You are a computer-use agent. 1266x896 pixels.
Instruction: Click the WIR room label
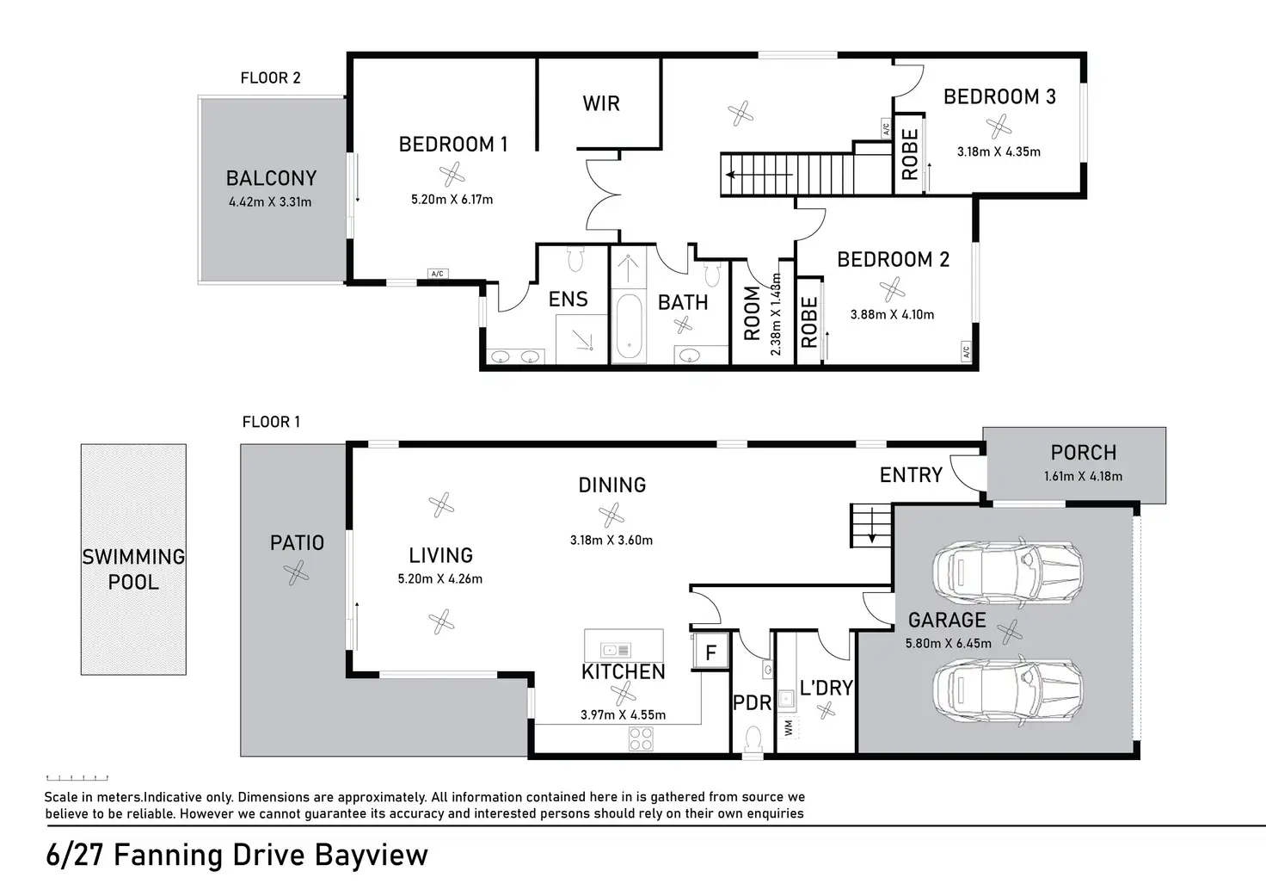601,103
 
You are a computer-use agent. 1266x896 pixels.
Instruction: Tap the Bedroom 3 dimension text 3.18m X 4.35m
999,151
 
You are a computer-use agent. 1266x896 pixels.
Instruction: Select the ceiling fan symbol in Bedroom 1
452,174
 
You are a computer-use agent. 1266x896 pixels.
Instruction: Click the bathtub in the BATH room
629,327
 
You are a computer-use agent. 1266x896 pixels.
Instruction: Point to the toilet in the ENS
575,258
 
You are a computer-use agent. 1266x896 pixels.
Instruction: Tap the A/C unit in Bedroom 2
966,350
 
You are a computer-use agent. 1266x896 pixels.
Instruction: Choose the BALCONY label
271,178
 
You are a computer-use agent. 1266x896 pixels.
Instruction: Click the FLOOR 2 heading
271,77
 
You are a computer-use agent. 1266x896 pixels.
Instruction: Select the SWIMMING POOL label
133,569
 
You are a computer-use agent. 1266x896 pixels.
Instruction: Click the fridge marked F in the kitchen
711,652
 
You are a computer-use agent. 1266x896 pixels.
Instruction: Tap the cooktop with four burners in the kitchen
641,738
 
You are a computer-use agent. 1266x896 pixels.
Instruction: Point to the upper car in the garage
1007,572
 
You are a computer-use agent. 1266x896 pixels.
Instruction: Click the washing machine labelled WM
790,728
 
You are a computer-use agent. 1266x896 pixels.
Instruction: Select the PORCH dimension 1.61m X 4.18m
1084,476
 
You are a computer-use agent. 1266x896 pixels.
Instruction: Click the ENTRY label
911,474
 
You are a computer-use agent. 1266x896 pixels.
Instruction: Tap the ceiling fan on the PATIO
296,573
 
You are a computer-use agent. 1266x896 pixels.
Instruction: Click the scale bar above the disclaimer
77,778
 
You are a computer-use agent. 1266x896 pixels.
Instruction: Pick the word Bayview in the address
371,855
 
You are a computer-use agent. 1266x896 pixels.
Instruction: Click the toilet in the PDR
753,738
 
